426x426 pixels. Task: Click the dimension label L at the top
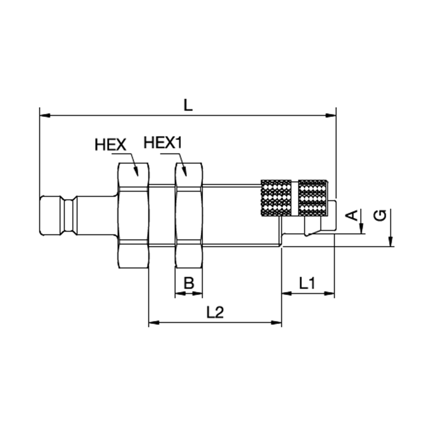(x=188, y=105)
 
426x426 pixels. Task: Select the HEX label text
(x=111, y=145)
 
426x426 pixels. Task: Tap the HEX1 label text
(x=162, y=143)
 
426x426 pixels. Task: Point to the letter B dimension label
(x=189, y=283)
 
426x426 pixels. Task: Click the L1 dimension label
(x=307, y=283)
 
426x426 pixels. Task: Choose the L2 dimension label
(x=215, y=312)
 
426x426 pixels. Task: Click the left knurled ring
(x=276, y=198)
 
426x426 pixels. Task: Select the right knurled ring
(x=312, y=198)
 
